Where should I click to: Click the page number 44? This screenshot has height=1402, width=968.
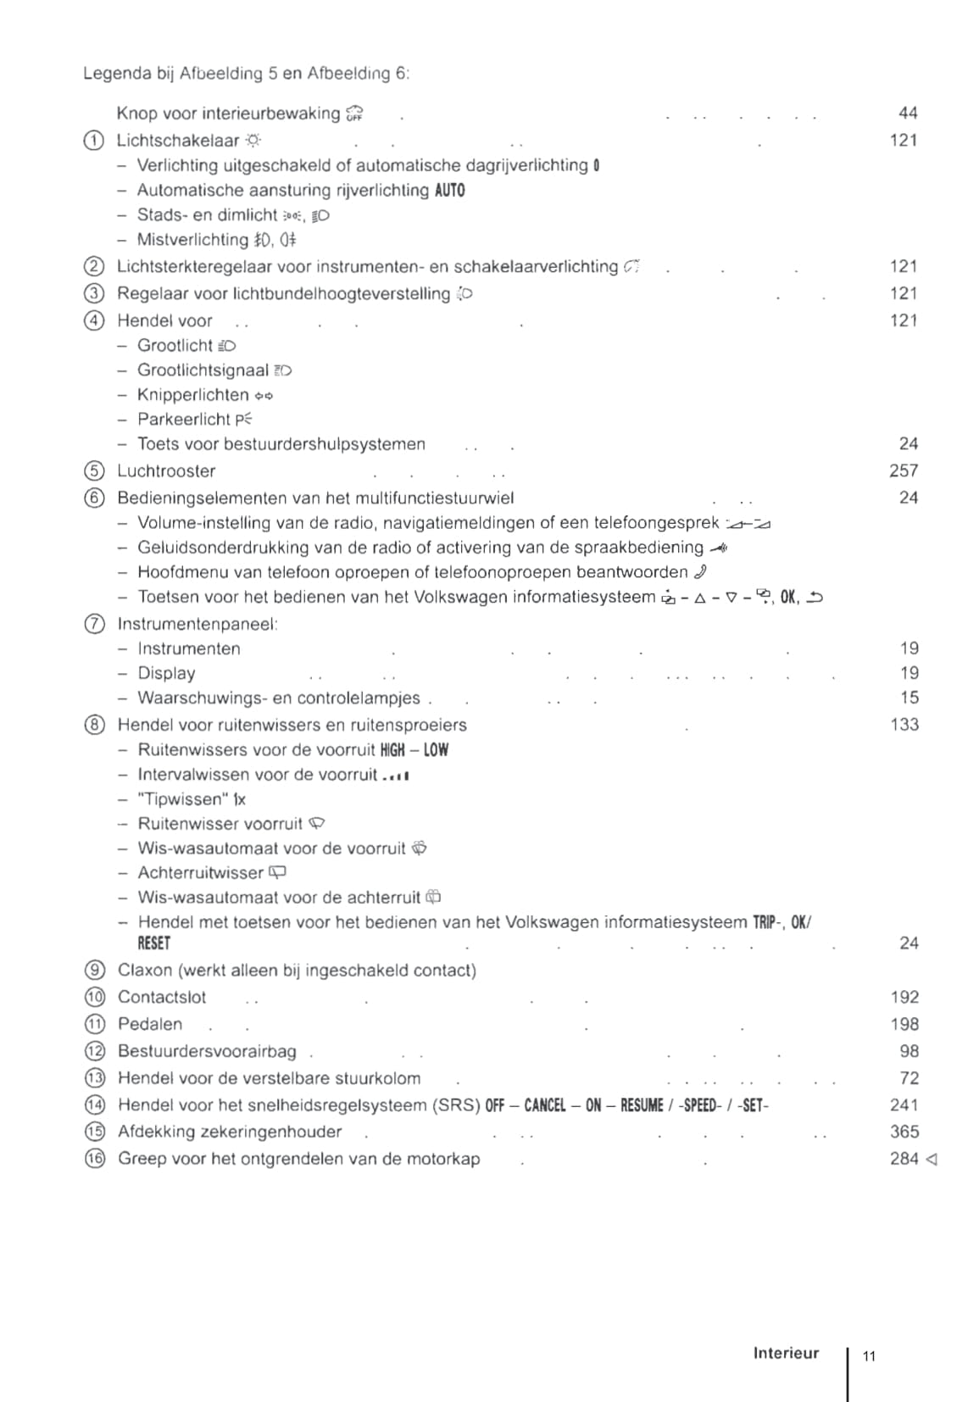(x=908, y=113)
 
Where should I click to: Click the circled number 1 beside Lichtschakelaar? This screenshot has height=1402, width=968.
(x=94, y=141)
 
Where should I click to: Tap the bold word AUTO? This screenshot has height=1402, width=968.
(x=449, y=191)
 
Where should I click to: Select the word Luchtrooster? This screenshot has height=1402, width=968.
(x=166, y=471)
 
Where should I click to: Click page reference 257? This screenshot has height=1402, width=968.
(x=904, y=470)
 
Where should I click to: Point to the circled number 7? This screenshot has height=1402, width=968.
(x=94, y=625)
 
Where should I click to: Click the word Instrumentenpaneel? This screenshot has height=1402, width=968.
(x=197, y=625)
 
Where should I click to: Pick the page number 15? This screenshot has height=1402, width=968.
(x=909, y=698)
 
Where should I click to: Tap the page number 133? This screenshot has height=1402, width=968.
(x=904, y=725)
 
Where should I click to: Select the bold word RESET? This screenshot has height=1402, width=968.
(x=154, y=943)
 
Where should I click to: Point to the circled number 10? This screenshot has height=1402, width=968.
(x=95, y=998)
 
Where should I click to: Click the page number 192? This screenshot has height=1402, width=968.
(x=904, y=998)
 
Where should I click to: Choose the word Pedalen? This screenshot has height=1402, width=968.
(x=150, y=1024)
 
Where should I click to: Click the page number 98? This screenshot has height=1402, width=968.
(x=909, y=1051)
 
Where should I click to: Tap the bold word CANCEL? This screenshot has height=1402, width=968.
(x=544, y=1105)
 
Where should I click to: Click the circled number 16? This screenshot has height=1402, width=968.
(x=95, y=1159)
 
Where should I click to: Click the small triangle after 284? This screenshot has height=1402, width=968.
(x=932, y=1159)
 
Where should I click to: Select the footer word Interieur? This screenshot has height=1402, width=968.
(x=786, y=1354)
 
